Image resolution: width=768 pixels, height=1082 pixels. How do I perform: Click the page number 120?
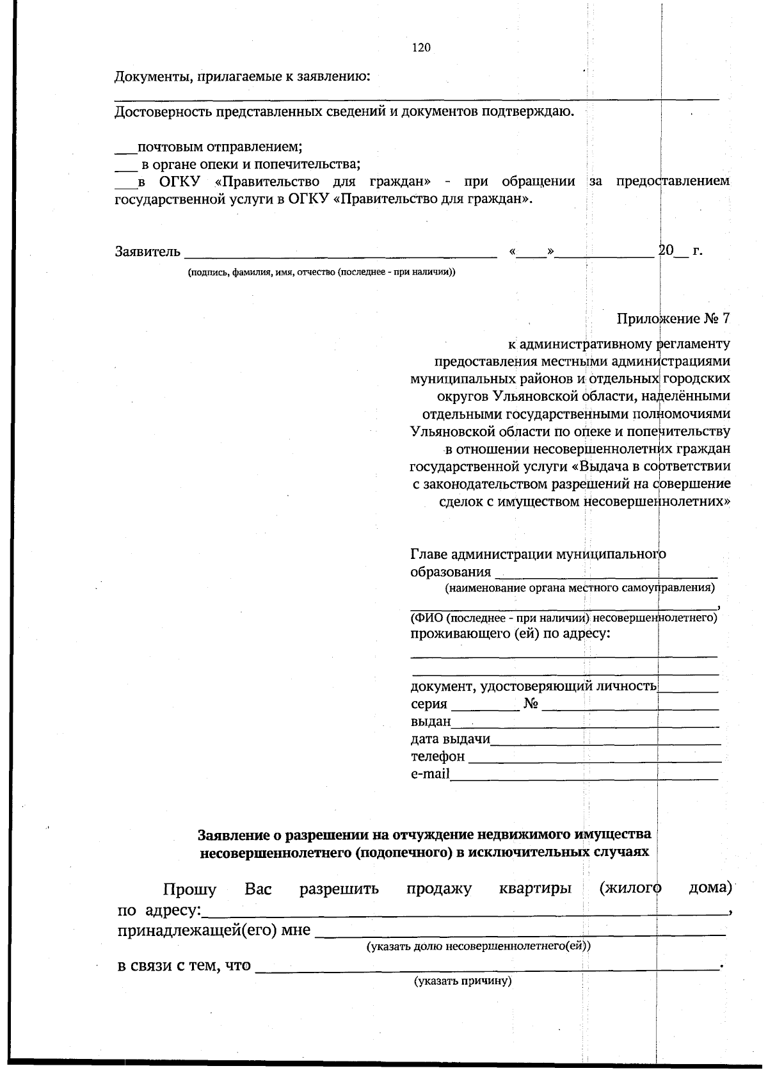421,47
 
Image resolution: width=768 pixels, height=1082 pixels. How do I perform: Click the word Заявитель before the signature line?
148,252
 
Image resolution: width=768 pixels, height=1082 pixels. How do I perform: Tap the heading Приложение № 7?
673,318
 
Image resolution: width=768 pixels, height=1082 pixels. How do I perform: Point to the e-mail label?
429,774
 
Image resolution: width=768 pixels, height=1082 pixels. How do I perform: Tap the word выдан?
430,722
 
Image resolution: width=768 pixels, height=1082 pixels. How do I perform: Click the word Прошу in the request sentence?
189,890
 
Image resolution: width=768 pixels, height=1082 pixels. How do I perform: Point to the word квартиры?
535,889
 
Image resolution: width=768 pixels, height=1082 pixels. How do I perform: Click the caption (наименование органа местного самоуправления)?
580,587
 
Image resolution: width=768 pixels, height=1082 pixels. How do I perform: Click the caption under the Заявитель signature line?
321,272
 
